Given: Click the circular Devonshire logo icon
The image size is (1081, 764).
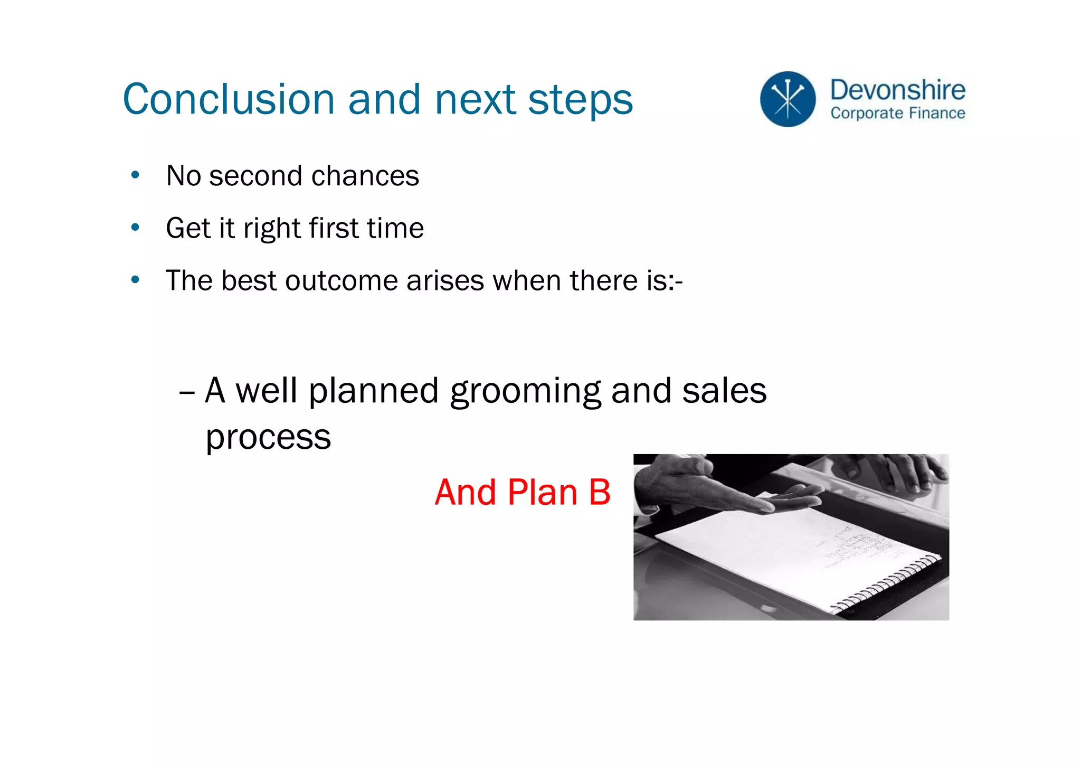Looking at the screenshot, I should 788,99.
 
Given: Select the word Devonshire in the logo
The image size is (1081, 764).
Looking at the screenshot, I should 897,90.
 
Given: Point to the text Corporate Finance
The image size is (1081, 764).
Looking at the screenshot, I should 897,113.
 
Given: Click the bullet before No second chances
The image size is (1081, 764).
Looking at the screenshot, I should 135,175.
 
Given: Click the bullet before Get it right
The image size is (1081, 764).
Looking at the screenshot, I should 135,227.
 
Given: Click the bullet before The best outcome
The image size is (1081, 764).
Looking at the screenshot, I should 135,279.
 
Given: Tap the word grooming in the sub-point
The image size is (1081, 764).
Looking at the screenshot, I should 525,392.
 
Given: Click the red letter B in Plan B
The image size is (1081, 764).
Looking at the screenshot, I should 599,492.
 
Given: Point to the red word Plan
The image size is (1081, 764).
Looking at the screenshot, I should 543,492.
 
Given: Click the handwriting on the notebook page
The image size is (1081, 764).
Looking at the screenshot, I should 850,549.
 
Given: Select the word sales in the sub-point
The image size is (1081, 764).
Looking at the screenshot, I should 724,391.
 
